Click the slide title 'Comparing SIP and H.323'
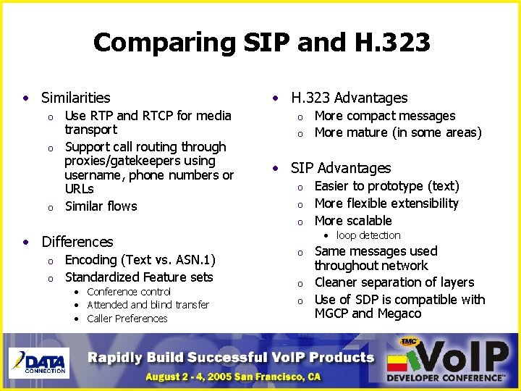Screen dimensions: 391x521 (261, 43)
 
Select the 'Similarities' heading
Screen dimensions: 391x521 (75, 98)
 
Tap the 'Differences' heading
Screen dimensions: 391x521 (77, 242)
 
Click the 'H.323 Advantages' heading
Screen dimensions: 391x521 (349, 98)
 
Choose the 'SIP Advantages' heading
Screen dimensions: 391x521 (340, 168)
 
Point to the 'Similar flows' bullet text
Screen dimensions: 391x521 (101, 206)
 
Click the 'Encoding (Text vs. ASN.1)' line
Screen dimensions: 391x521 (140, 260)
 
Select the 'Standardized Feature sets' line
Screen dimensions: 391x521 (139, 277)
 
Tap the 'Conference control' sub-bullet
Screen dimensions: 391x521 (129, 292)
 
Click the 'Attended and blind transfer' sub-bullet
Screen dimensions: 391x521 (148, 305)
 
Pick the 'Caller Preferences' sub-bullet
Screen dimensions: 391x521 (127, 319)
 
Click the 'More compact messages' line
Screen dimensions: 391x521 (384, 116)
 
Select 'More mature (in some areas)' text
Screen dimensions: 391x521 (397, 133)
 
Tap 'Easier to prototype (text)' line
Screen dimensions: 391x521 (386, 186)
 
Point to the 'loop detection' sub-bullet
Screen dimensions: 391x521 (368, 235)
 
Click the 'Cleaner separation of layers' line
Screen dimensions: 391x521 (394, 282)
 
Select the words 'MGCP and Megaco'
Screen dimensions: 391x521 (367, 314)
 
